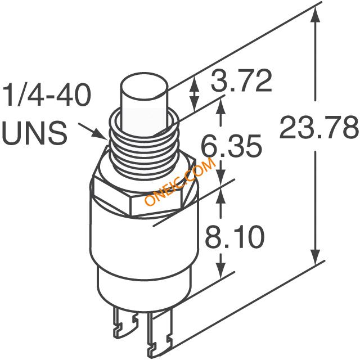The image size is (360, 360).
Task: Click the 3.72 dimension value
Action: (241, 81)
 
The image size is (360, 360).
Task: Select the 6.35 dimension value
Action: (231, 146)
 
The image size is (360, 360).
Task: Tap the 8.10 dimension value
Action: (235, 236)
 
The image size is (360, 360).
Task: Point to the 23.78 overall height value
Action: (319, 127)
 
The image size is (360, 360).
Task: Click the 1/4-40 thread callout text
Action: (47, 94)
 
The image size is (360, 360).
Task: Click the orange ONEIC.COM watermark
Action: (180, 181)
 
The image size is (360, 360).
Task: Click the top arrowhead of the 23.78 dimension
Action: (316, 16)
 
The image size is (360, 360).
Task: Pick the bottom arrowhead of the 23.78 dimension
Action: (316, 256)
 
